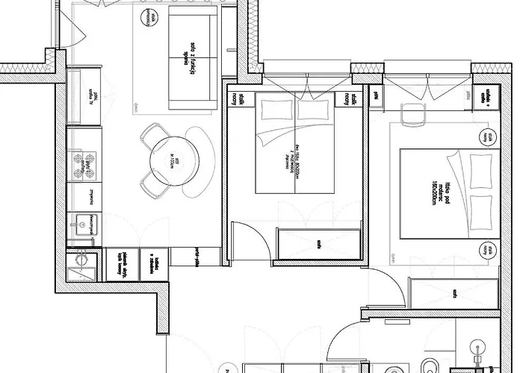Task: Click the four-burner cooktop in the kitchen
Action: [82, 165]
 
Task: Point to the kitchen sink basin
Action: [79, 222]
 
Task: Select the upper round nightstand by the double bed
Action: [488, 137]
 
